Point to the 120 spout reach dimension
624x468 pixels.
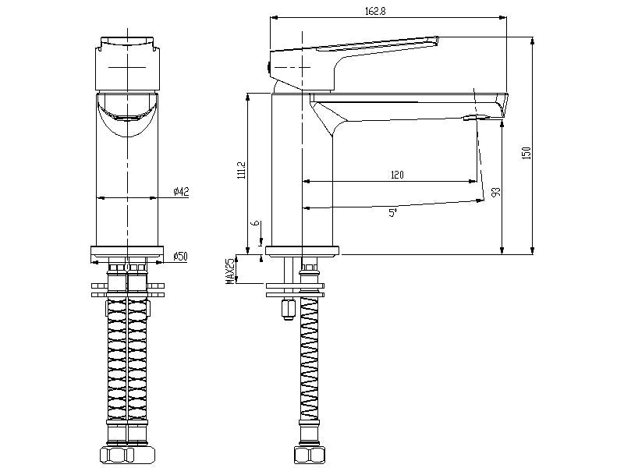pyautogui.click(x=397, y=175)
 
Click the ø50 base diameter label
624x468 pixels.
pyautogui.click(x=179, y=256)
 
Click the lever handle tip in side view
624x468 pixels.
pyautogui.click(x=434, y=39)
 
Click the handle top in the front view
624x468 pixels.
pyautogui.click(x=128, y=42)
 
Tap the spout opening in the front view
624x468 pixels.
pyautogui.click(x=128, y=117)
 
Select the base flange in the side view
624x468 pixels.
pyautogui.click(x=303, y=251)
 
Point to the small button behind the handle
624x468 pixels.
pyautogui.click(x=269, y=68)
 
